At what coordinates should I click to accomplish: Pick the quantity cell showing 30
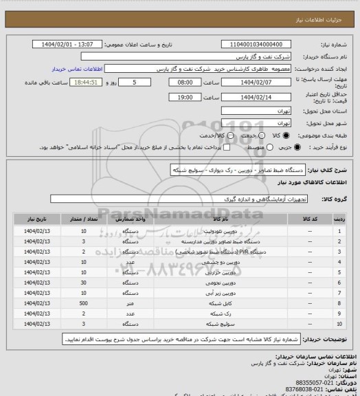pyautogui.click(x=83, y=282)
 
